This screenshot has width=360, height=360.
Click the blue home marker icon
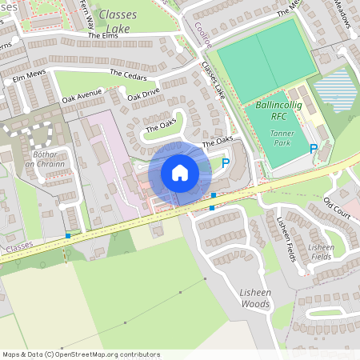[x=180, y=173]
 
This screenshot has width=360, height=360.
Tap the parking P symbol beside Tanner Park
[x=313, y=148]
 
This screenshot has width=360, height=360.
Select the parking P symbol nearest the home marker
[x=225, y=163]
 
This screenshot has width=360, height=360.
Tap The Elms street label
[x=103, y=36]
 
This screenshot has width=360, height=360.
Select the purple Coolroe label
[x=202, y=36]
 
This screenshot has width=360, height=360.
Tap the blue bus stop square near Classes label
[x=68, y=235]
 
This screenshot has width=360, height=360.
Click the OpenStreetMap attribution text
[x=80, y=354]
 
